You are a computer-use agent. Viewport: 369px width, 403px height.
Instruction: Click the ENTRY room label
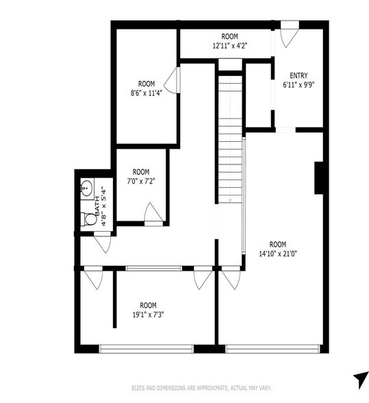298,75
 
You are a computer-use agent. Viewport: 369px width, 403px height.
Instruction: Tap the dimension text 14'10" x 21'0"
278,254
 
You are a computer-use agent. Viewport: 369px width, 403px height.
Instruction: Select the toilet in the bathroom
88,219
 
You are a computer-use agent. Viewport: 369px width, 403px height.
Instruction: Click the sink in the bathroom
86,188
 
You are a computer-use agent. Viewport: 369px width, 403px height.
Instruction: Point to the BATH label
97,206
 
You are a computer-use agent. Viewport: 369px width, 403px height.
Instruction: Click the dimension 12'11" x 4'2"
230,46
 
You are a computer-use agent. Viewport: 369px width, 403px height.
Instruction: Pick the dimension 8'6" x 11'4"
147,93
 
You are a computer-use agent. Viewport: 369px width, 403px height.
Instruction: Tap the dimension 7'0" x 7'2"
141,181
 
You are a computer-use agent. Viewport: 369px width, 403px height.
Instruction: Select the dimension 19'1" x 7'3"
148,315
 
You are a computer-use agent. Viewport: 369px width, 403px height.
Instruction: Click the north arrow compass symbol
361,380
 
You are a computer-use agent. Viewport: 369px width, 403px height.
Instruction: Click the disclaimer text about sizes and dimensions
201,388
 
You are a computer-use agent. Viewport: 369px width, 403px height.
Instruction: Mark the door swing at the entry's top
290,35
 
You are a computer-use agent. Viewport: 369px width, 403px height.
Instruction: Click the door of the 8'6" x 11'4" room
173,80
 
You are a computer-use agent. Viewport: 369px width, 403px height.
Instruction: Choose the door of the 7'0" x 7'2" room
153,214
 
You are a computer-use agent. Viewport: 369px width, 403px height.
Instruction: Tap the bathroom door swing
103,243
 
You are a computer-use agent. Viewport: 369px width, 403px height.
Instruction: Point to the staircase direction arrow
230,199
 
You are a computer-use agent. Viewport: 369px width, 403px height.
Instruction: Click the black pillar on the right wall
318,178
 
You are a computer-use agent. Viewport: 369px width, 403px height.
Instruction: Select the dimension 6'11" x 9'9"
298,85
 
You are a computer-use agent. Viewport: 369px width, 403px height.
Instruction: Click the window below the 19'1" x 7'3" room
146,349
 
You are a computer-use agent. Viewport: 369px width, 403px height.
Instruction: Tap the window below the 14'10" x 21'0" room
272,349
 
